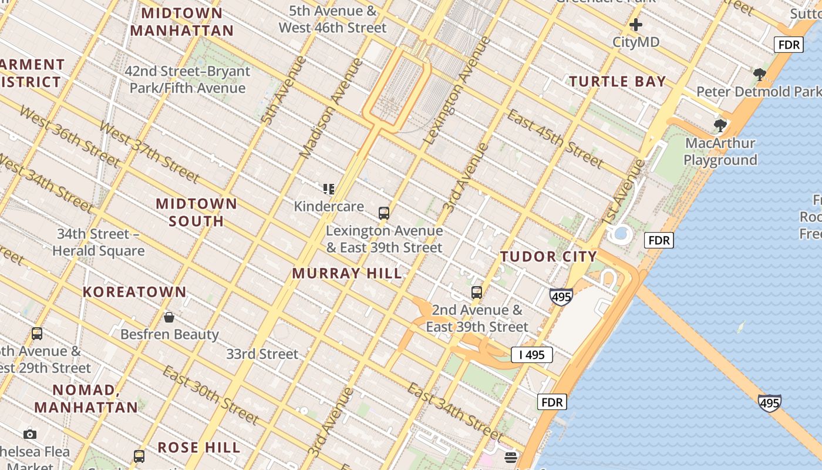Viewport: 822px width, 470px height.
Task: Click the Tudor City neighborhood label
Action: [x=548, y=257]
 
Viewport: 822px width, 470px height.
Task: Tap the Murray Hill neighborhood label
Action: [x=347, y=273]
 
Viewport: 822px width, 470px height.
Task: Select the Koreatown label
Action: [x=134, y=292]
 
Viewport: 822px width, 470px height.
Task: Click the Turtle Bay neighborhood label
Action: [x=618, y=82]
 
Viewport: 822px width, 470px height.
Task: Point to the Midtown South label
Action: [x=196, y=213]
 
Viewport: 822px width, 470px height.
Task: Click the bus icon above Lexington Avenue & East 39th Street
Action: [x=384, y=213]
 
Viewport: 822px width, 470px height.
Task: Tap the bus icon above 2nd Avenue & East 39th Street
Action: [x=477, y=292]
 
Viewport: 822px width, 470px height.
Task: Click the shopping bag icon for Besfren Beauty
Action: [x=169, y=318]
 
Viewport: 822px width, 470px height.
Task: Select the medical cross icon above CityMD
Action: [x=636, y=25]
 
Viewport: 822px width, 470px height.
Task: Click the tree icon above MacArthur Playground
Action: [x=720, y=125]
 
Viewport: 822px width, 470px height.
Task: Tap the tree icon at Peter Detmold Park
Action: [x=759, y=75]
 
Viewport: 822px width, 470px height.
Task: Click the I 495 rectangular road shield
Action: [x=531, y=355]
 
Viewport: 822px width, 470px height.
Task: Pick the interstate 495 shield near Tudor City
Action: [x=561, y=297]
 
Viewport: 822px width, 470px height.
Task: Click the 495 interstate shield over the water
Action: [x=769, y=403]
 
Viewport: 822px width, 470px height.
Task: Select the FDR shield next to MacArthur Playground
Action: [x=659, y=240]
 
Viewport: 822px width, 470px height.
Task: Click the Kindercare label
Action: [x=329, y=206]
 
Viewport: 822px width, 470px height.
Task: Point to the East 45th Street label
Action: [x=555, y=139]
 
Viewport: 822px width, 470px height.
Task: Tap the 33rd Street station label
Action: [x=262, y=354]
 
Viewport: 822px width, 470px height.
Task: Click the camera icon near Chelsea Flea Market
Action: [x=30, y=435]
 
